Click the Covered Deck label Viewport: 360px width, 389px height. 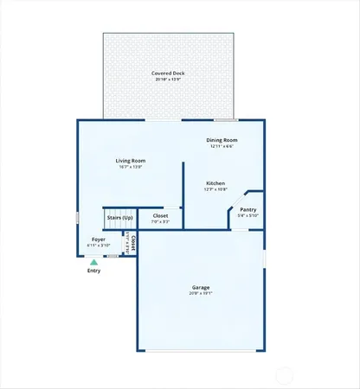168,73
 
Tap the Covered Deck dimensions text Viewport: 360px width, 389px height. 168,80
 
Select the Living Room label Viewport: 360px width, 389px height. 131,160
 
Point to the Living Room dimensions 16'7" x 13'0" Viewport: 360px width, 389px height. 131,166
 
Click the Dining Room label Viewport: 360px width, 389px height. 222,140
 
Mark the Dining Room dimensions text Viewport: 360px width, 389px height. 222,146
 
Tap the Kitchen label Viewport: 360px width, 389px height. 215,182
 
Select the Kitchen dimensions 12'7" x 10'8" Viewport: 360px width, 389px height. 215,188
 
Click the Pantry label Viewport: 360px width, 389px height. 248,208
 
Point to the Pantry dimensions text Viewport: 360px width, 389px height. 248,214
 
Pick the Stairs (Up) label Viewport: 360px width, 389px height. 119,217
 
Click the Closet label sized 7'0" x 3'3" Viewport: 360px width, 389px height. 160,215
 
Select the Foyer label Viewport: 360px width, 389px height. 100,239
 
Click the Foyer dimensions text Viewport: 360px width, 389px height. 100,246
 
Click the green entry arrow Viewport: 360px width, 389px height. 94,262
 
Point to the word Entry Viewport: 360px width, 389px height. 94,271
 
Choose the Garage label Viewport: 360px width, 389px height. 201,287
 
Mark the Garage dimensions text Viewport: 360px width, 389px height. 201,293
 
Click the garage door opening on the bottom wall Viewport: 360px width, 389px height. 201,351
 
